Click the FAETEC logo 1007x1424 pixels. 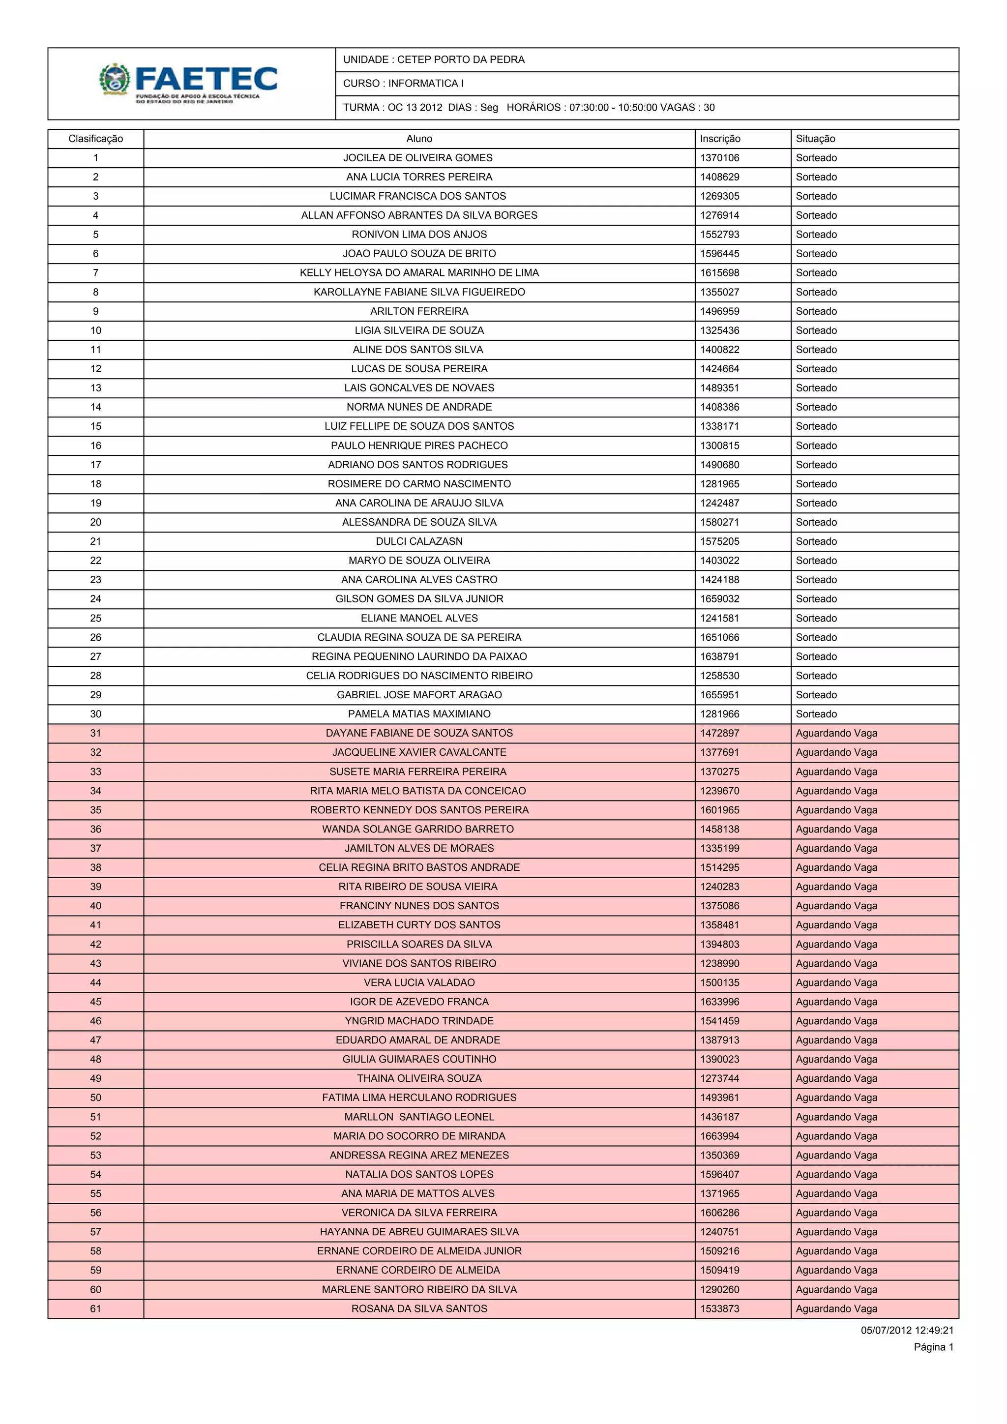188,83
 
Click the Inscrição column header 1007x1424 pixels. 720,139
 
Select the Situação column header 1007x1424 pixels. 815,139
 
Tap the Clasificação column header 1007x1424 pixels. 95,139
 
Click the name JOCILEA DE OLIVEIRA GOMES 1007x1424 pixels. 418,158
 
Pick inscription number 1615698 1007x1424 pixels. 719,273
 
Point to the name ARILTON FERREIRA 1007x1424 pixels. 418,311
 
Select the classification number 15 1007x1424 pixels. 95,426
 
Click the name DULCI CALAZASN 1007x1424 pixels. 418,541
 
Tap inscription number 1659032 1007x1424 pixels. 719,599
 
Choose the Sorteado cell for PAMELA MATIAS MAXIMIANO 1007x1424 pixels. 816,714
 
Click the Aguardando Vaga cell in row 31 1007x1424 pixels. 836,733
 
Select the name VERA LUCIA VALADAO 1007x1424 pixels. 418,982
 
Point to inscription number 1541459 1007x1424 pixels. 719,1021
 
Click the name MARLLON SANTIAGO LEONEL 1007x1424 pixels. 418,1117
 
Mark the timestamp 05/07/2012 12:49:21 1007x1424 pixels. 907,1331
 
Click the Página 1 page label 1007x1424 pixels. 933,1347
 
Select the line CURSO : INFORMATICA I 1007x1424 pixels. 403,84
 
